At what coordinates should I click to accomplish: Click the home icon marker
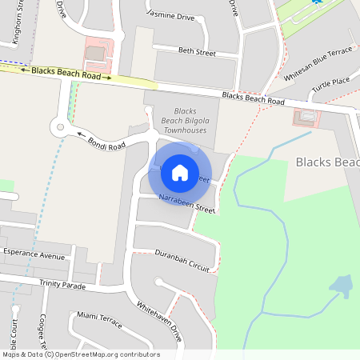[x=180, y=172]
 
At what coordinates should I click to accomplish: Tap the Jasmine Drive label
[x=170, y=14]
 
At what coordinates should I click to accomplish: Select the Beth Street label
[x=197, y=52]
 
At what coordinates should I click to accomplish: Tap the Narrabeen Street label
[x=187, y=203]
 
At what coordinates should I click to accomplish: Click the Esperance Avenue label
[x=33, y=257]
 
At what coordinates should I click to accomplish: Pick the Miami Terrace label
[x=99, y=321]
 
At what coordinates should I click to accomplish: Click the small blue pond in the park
[x=341, y=286]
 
